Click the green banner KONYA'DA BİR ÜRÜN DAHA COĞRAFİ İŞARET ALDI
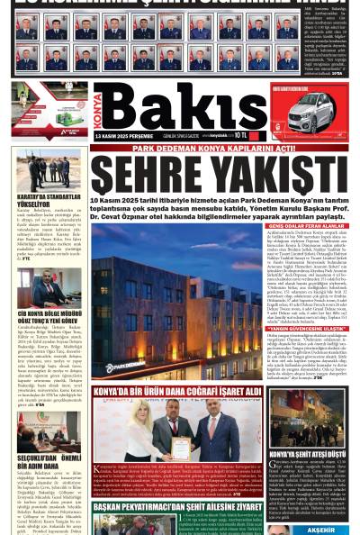(x=175, y=394)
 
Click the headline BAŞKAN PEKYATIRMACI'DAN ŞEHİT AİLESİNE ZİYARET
(x=175, y=507)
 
